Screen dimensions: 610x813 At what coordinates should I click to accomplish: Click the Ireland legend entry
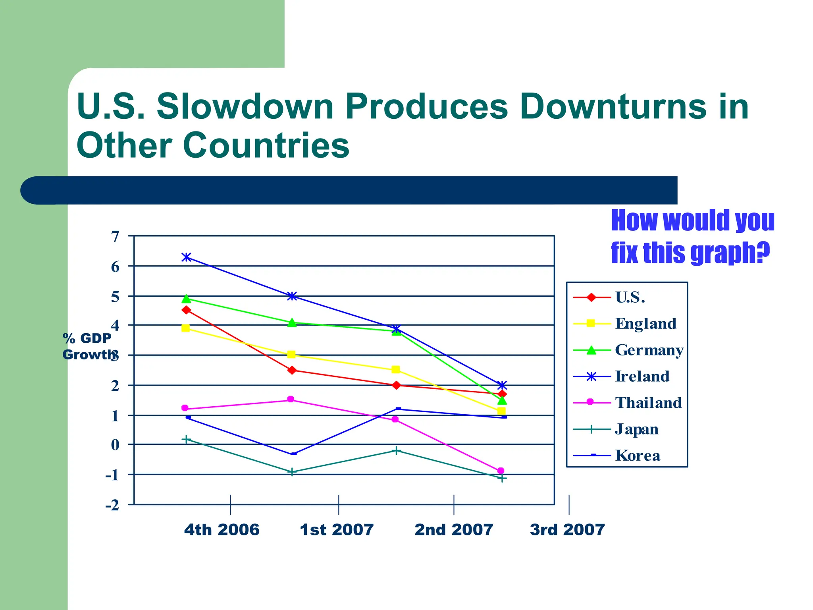(x=642, y=376)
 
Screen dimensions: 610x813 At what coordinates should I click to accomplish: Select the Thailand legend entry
(x=648, y=403)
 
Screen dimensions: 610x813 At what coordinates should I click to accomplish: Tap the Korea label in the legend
(x=638, y=456)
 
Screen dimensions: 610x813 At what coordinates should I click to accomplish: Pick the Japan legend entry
(x=636, y=429)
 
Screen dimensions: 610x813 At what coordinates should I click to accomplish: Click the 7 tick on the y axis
(x=115, y=237)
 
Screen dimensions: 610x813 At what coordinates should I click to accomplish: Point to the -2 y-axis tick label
(x=112, y=506)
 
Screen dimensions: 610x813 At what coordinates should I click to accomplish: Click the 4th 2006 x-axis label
(x=222, y=530)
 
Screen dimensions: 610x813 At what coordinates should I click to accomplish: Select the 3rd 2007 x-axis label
(x=567, y=530)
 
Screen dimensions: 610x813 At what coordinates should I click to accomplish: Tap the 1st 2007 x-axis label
(x=337, y=530)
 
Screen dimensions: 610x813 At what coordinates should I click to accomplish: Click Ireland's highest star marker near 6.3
(x=186, y=257)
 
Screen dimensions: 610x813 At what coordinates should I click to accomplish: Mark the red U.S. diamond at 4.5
(x=186, y=310)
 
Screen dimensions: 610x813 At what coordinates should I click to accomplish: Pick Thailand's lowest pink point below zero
(x=501, y=471)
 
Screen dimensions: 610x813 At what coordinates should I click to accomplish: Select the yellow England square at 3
(x=291, y=354)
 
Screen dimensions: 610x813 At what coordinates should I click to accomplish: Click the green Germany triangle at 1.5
(x=502, y=400)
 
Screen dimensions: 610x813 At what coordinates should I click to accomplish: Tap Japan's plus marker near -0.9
(x=292, y=472)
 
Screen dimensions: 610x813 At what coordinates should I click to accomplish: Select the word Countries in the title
(x=266, y=145)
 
